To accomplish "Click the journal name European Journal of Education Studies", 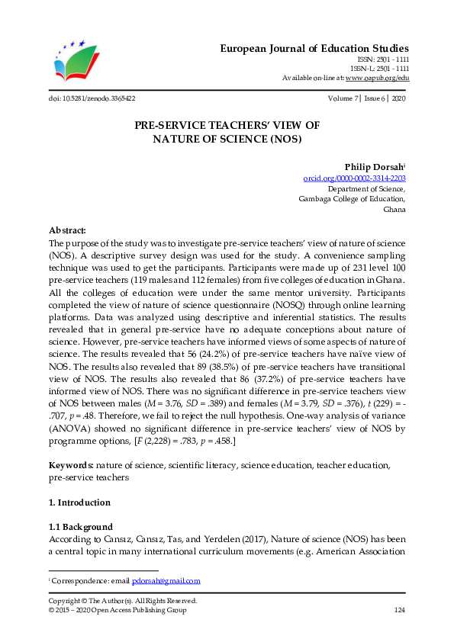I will [x=314, y=48].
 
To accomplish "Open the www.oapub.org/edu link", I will [x=378, y=78].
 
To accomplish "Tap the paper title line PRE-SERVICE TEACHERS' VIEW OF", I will [x=227, y=125].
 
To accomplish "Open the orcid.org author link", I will [x=355, y=178].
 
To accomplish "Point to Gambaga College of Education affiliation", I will [x=352, y=199].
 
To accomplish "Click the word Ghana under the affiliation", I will [x=394, y=210].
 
